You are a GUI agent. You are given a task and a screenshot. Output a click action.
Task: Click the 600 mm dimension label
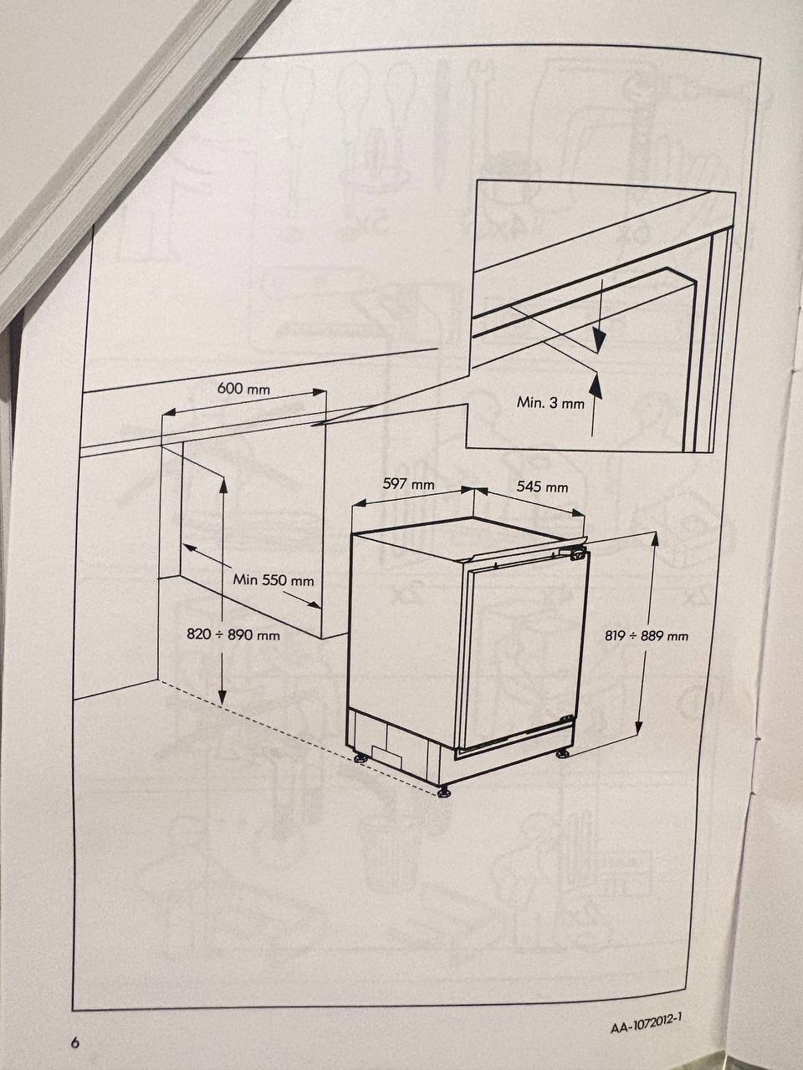pyautogui.click(x=243, y=389)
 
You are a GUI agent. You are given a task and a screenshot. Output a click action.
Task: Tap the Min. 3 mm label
pyautogui.click(x=550, y=403)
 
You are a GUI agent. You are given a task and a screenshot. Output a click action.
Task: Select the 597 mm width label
pyautogui.click(x=408, y=484)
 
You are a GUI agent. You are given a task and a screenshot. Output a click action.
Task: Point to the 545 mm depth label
pyautogui.click(x=542, y=487)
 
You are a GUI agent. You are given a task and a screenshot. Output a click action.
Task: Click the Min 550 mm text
pyautogui.click(x=274, y=580)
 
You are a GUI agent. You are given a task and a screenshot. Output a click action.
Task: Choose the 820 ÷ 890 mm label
pyautogui.click(x=233, y=634)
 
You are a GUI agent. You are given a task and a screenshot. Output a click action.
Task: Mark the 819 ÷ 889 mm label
pyautogui.click(x=647, y=635)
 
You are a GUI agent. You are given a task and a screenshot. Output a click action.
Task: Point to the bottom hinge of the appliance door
pyautogui.click(x=566, y=718)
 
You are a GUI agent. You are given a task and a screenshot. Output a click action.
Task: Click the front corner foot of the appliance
pyautogui.click(x=444, y=792)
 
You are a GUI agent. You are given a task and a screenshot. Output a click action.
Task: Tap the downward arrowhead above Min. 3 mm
pyautogui.click(x=599, y=340)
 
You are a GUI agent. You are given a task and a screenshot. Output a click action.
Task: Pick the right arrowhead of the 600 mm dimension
pyautogui.click(x=319, y=391)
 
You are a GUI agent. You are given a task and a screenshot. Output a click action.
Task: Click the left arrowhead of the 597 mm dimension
pyautogui.click(x=358, y=503)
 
